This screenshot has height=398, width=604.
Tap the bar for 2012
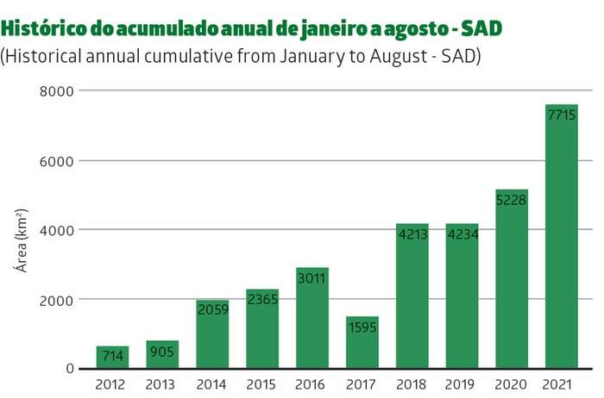pos(112,357)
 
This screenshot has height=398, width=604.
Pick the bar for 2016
pos(311,318)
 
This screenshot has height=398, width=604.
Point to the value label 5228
pos(511,200)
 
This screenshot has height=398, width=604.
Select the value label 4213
pos(412,233)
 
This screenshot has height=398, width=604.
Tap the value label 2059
pos(212,311)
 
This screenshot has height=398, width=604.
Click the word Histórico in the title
pos(40,28)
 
